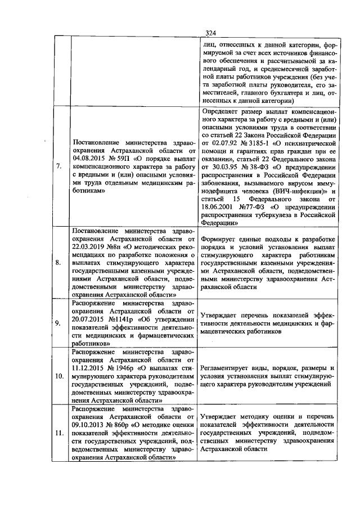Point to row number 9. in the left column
[x=59, y=323]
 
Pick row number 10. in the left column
[x=59, y=375]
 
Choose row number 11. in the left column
[x=59, y=434]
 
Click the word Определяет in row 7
[x=219, y=111]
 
